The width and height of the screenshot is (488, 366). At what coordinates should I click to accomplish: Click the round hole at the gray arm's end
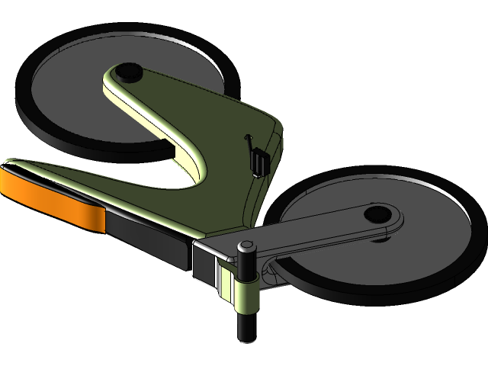click(x=377, y=213)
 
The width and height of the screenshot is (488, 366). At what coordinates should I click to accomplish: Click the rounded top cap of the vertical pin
click(x=246, y=248)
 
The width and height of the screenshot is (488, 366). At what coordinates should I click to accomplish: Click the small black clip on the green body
click(x=260, y=162)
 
